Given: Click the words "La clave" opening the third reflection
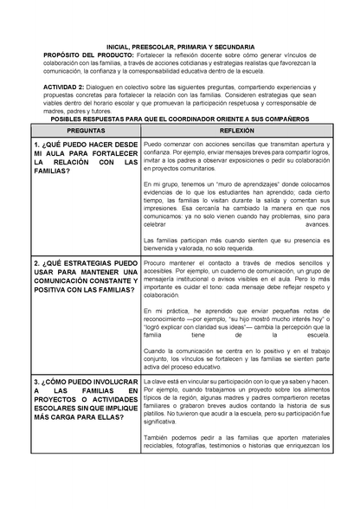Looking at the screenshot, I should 157,380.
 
